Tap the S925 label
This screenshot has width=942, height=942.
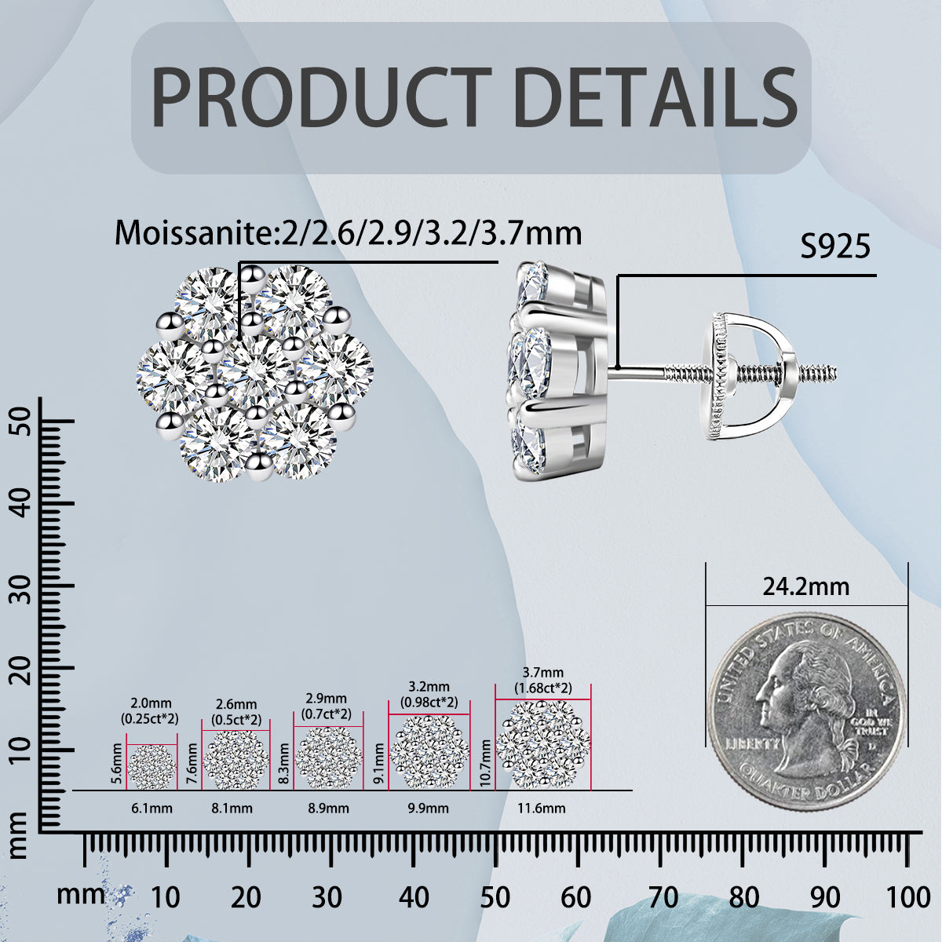click(x=835, y=246)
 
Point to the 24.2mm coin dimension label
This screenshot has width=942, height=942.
click(x=806, y=586)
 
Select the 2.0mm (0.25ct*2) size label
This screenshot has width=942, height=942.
click(x=150, y=710)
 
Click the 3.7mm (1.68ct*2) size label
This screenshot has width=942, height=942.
click(x=542, y=681)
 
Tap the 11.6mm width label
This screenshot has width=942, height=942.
click(x=542, y=808)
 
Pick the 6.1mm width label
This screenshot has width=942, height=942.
click(x=152, y=808)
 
